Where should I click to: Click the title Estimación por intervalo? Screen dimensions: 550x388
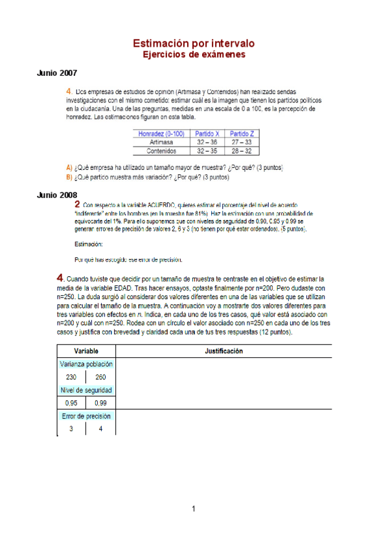click(194, 43)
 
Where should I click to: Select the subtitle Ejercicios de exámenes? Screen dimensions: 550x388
click(194, 55)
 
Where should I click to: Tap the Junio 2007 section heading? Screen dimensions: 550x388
click(57, 73)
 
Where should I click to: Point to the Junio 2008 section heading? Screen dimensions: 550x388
click(57, 195)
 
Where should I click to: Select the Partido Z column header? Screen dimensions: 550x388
click(241, 133)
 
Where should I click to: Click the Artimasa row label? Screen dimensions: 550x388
click(161, 141)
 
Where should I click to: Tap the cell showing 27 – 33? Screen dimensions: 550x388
click(241, 141)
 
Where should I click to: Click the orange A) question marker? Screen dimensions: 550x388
click(69, 167)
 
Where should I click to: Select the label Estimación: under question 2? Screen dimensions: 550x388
click(89, 244)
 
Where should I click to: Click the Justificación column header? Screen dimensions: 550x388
click(223, 350)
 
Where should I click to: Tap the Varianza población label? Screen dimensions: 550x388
click(86, 364)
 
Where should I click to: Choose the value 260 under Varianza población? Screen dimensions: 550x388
click(101, 377)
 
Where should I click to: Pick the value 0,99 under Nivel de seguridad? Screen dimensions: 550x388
click(101, 403)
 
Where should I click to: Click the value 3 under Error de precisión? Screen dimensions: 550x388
click(72, 428)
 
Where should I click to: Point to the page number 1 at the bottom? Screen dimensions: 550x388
click(194, 508)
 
